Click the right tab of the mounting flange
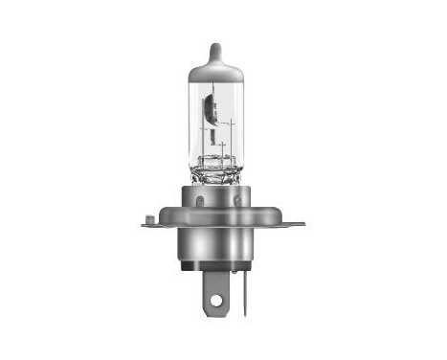click(x=292, y=225)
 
